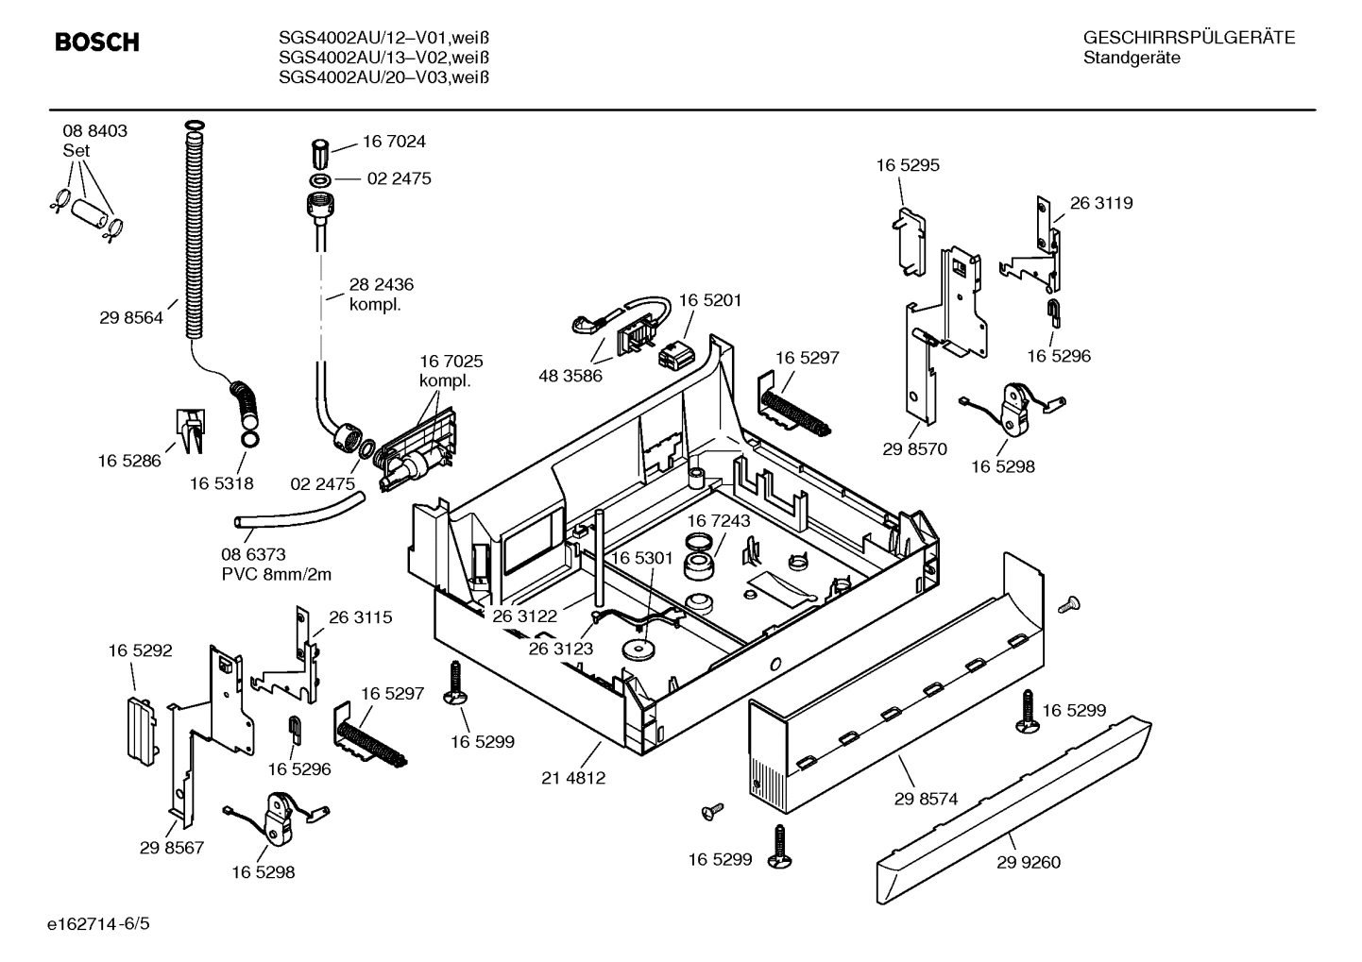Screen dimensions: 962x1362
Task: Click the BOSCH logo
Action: pyautogui.click(x=96, y=42)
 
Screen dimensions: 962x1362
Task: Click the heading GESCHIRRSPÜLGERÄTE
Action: pyautogui.click(x=1188, y=39)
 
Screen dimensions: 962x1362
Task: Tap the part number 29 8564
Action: pyautogui.click(x=130, y=318)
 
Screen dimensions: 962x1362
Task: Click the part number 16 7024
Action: pyautogui.click(x=394, y=142)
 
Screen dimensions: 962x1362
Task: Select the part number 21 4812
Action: pyautogui.click(x=573, y=778)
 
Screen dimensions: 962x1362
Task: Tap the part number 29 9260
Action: pyautogui.click(x=1028, y=862)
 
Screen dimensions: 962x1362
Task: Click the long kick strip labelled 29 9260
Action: pyautogui.click(x=1011, y=802)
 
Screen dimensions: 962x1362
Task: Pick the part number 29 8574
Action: pyautogui.click(x=926, y=799)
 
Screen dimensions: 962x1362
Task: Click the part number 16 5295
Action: pyautogui.click(x=908, y=165)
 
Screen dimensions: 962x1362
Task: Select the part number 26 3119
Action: pyautogui.click(x=1101, y=203)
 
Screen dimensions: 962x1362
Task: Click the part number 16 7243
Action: pyautogui.click(x=718, y=521)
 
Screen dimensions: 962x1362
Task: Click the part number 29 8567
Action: pyautogui.click(x=172, y=848)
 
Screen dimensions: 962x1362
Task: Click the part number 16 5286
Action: pyautogui.click(x=129, y=461)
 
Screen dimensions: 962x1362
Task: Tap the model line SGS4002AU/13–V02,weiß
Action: pyautogui.click(x=383, y=58)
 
